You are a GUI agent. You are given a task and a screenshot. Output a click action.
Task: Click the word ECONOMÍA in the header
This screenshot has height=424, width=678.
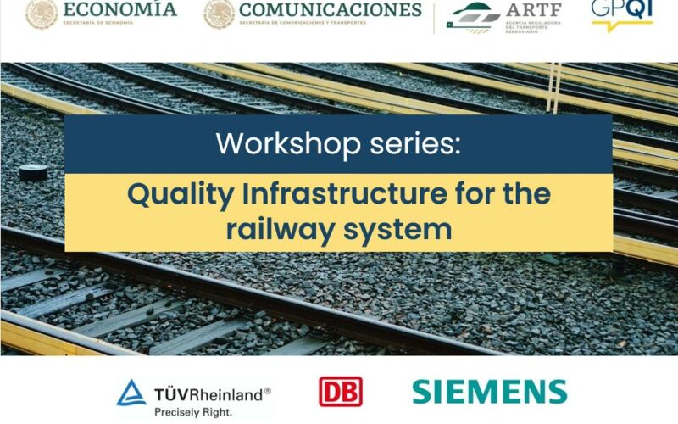124,9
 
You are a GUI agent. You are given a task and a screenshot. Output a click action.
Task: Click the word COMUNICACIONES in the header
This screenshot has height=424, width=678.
331,10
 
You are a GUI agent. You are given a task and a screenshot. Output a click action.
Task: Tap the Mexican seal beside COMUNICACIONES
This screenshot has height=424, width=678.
220,12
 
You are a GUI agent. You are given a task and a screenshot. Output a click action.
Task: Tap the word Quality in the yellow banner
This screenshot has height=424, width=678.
180,194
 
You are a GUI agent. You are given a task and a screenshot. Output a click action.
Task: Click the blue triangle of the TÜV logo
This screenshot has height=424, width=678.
131,393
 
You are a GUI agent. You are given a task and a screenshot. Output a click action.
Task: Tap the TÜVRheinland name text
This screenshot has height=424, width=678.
213,393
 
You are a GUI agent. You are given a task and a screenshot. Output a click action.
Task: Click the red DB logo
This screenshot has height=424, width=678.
340,391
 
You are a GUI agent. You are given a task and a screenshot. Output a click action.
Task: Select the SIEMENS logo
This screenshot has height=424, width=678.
489,391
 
